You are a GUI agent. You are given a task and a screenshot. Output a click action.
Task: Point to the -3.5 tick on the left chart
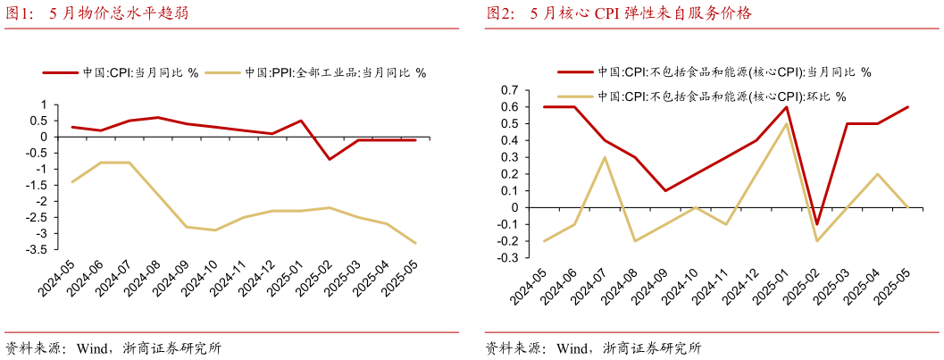point(37,249)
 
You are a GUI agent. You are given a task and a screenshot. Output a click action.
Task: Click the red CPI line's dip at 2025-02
point(330,159)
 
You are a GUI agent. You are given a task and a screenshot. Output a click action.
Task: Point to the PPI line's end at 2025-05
point(415,243)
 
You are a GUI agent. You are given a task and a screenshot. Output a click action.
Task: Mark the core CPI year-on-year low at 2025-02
point(816,224)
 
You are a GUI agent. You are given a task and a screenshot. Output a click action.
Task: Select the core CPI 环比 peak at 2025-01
point(786,124)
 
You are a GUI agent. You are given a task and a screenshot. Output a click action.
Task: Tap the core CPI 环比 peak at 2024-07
point(605,157)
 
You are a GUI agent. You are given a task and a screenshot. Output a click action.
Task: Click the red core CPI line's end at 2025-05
point(907,107)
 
